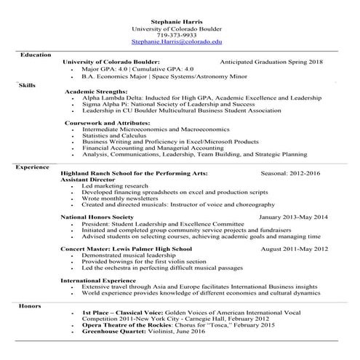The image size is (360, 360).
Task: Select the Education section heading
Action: point(36,55)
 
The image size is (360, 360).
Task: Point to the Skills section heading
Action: point(27,85)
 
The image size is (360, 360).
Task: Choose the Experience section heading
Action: point(32,167)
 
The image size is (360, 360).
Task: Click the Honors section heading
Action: point(30,306)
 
